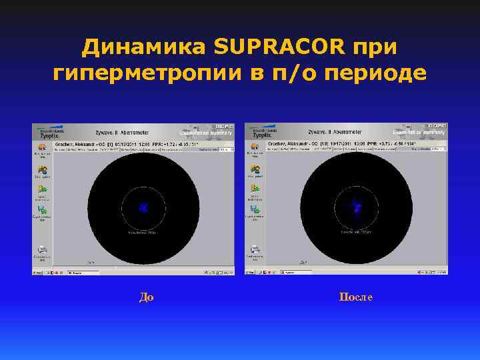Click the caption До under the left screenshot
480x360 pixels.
click(x=146, y=297)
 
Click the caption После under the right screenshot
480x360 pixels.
click(x=355, y=297)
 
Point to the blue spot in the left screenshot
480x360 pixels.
click(x=143, y=208)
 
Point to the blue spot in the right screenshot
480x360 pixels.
click(x=357, y=208)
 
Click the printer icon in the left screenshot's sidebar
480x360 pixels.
click(x=42, y=250)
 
